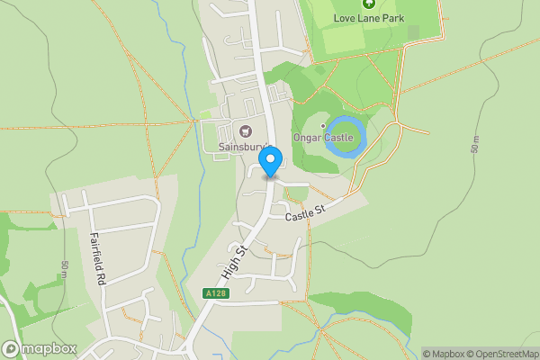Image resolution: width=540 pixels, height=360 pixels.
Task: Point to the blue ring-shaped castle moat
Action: tap(346, 136)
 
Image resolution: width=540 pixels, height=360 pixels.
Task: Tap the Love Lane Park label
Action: tap(369, 18)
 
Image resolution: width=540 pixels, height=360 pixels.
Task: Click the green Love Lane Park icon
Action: tap(368, 3)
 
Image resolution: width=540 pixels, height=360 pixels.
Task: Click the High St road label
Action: tap(232, 262)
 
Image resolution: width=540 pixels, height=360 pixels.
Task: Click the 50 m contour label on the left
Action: tap(65, 270)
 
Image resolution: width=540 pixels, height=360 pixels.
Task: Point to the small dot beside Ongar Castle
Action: tap(323, 125)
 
